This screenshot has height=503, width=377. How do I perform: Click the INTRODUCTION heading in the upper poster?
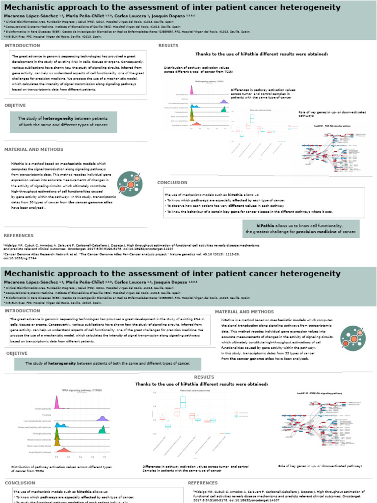pos(22,46)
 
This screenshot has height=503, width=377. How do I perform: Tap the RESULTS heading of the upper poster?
pos(168,46)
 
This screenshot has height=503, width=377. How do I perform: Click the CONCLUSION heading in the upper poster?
pos(172,182)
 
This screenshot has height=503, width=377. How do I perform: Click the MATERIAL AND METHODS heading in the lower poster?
pos(244,312)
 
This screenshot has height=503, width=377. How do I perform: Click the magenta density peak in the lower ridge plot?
pos(56,402)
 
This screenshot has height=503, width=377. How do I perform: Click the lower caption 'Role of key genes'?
pos(295,466)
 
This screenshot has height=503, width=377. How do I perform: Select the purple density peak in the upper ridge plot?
pos(223,101)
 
